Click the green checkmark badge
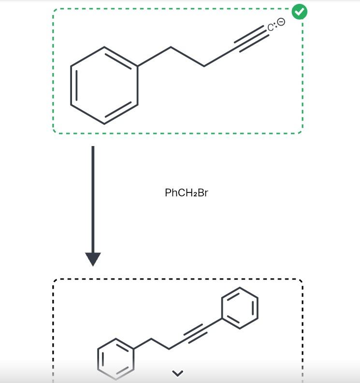click(x=300, y=12)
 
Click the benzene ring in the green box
click(x=104, y=85)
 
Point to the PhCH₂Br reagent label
click(x=187, y=193)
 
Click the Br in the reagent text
click(x=202, y=193)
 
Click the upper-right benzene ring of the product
click(x=239, y=308)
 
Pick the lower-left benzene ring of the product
click(x=116, y=358)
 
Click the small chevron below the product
click(x=178, y=373)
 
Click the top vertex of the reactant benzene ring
click(x=104, y=47)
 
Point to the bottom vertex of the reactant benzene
click(x=104, y=123)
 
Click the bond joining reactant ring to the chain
click(x=154, y=57)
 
